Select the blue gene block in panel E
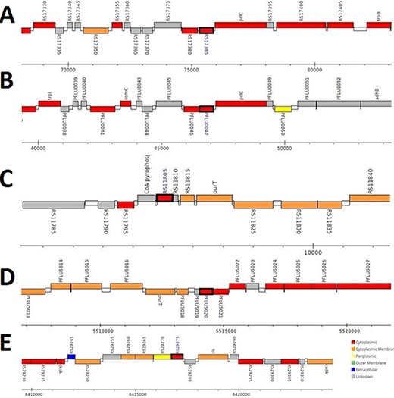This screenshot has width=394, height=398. pos(71,356)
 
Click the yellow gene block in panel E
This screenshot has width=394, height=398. pos(162,356)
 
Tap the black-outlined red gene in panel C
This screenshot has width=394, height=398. pos(165,198)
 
